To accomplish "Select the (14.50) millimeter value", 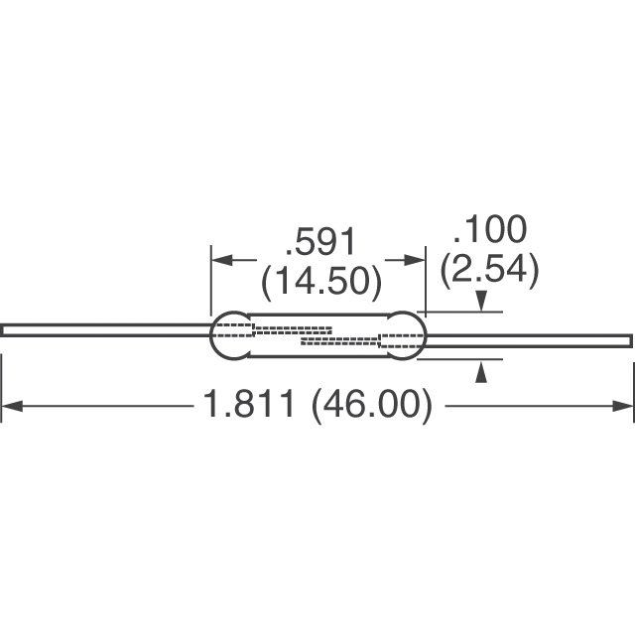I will tap(320, 282).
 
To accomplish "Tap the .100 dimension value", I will tap(489, 231).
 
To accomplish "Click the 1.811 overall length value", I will tap(249, 406).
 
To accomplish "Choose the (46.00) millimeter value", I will tap(372, 406).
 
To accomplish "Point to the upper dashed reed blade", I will tap(292, 328).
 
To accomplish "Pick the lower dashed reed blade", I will tap(342, 344).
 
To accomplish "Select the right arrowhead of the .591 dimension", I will tap(418, 261).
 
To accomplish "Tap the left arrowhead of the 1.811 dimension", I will tap(10, 406).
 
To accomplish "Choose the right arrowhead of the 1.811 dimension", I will tap(624, 406).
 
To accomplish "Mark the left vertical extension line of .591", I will tap(210, 283).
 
